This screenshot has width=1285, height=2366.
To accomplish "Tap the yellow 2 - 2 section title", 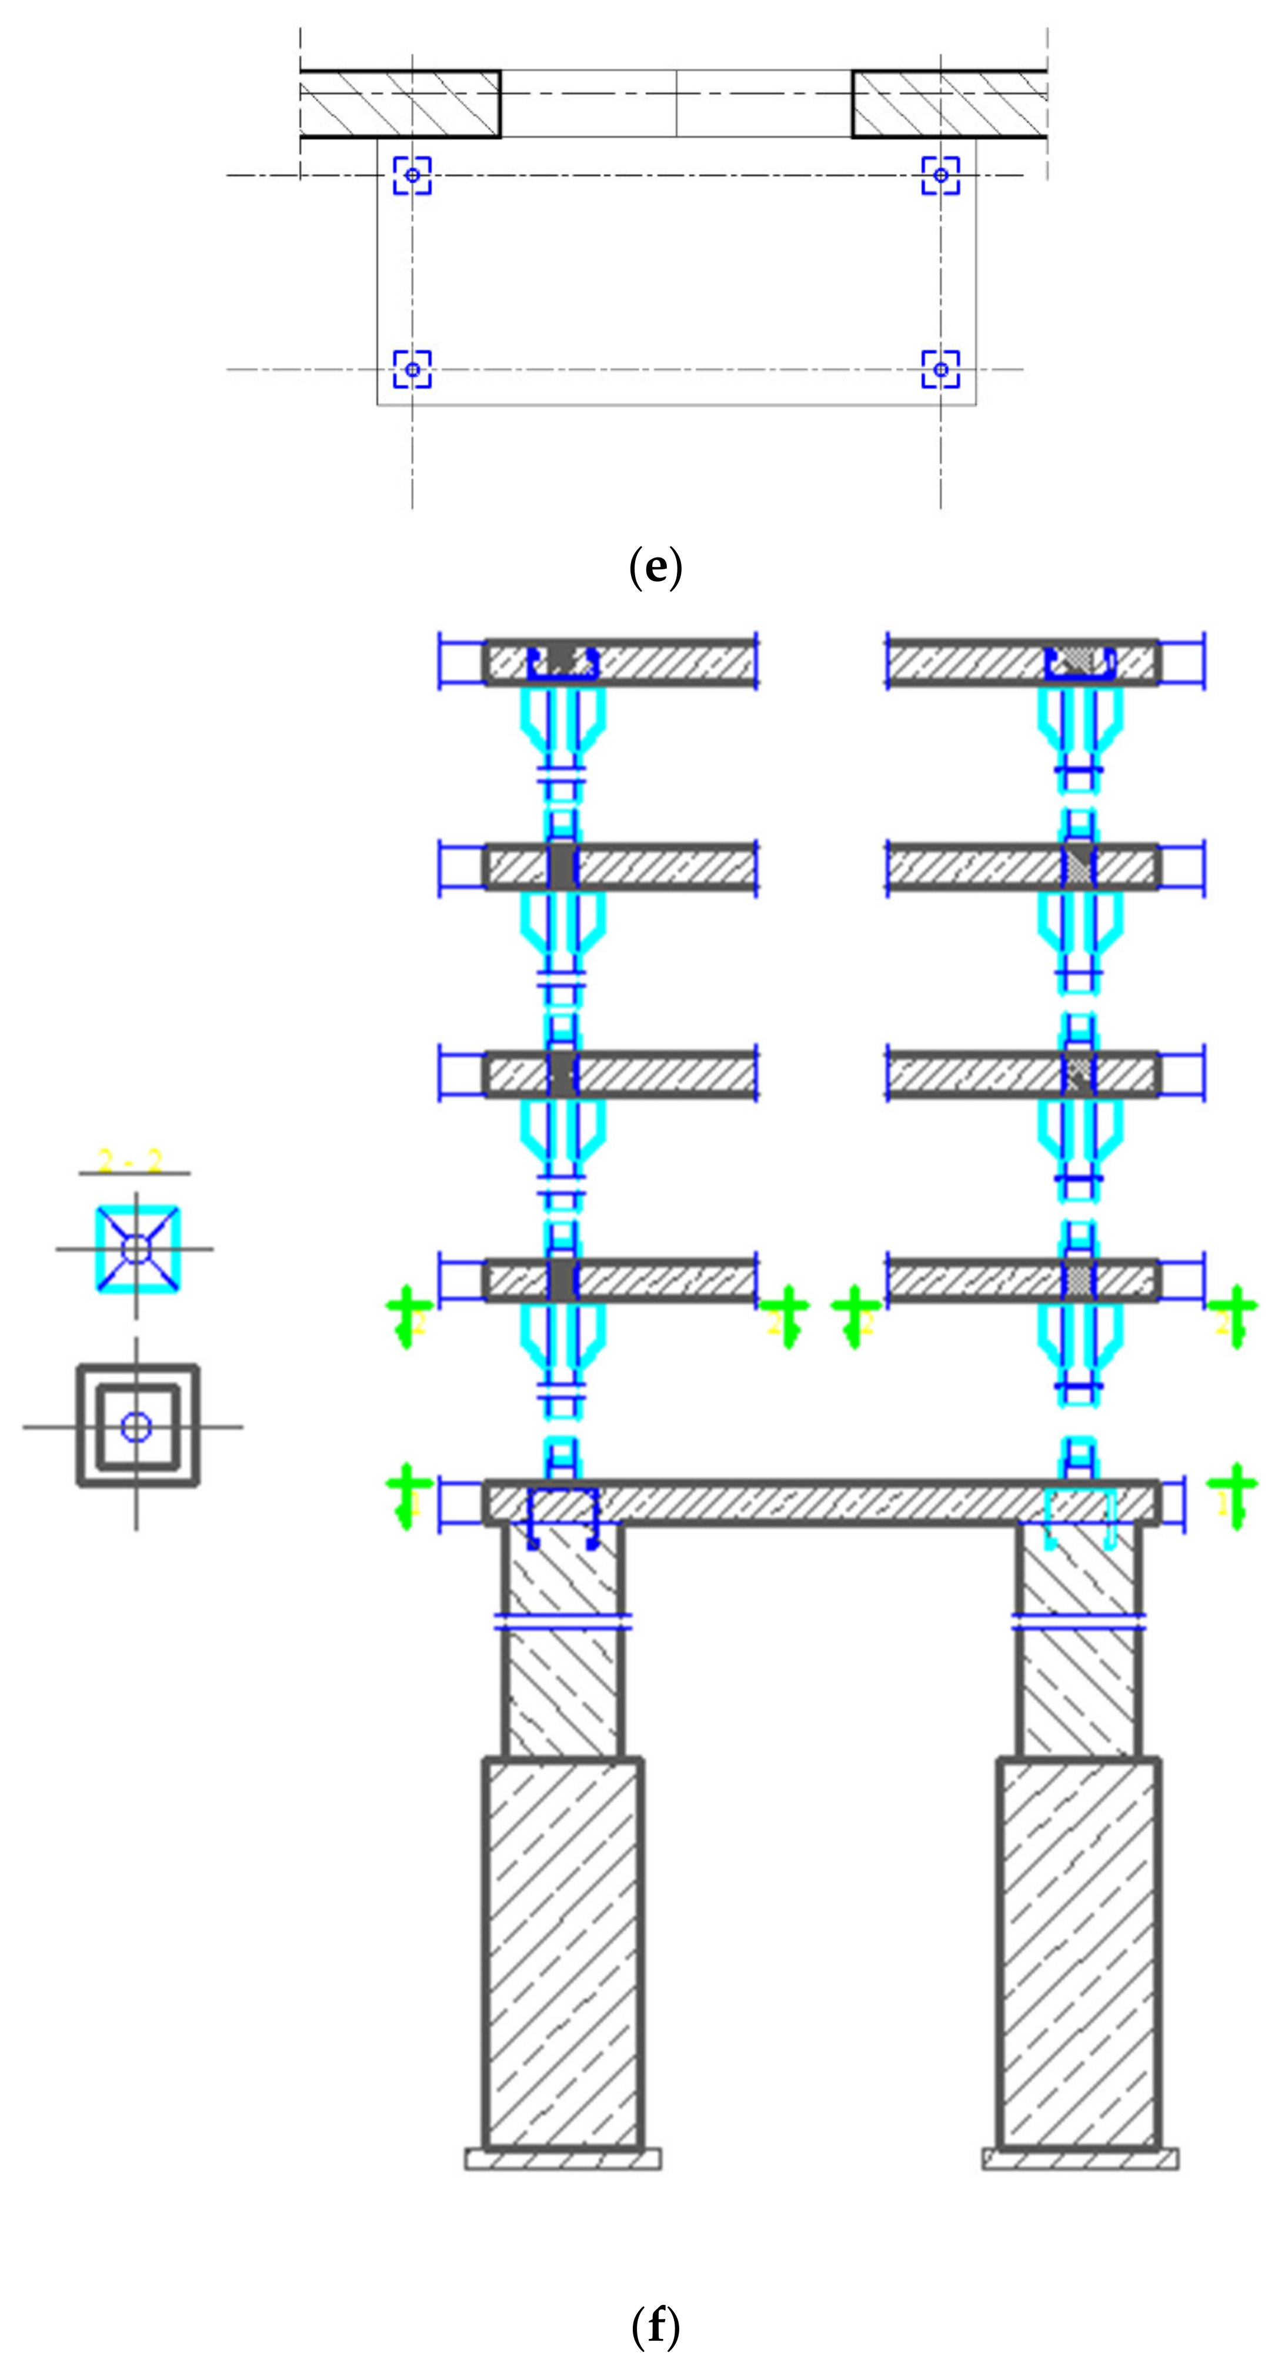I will click(x=131, y=1162).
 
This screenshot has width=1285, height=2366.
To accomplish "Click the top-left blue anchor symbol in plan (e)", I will click(x=412, y=175).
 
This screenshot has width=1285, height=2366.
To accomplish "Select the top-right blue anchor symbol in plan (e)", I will click(x=940, y=175).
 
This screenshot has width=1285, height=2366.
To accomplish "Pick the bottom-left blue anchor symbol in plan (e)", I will click(x=412, y=369).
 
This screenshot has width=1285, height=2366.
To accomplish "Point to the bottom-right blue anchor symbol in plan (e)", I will click(x=940, y=369).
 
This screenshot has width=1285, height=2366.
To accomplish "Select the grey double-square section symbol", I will click(x=137, y=1426).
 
